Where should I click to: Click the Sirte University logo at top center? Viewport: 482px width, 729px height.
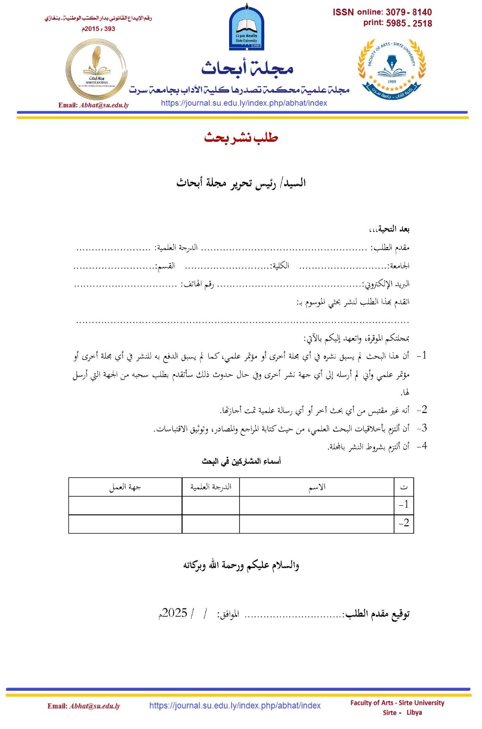[246, 27]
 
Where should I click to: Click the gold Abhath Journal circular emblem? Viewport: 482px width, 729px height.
[96, 69]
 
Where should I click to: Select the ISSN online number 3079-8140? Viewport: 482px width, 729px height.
[409, 12]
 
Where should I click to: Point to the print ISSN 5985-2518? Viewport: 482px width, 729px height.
[409, 23]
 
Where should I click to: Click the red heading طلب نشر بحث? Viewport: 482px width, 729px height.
[241, 137]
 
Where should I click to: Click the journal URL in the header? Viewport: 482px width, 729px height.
[244, 103]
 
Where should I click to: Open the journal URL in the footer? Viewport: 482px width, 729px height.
[235, 705]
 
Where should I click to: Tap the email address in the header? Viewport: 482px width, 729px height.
[104, 105]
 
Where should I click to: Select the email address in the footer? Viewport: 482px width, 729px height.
[94, 706]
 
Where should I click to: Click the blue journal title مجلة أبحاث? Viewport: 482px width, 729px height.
[247, 68]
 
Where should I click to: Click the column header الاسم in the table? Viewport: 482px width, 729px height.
[317, 487]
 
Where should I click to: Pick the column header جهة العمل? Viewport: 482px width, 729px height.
[125, 487]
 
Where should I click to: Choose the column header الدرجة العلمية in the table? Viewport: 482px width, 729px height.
[210, 487]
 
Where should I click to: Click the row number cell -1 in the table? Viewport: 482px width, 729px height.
[404, 505]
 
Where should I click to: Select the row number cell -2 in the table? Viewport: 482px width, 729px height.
[404, 523]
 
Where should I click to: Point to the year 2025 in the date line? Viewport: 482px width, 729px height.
[174, 613]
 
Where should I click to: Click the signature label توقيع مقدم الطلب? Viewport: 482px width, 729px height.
[378, 614]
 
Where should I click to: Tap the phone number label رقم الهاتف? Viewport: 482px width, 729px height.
[197, 284]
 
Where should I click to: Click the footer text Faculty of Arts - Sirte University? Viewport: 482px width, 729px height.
[397, 703]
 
